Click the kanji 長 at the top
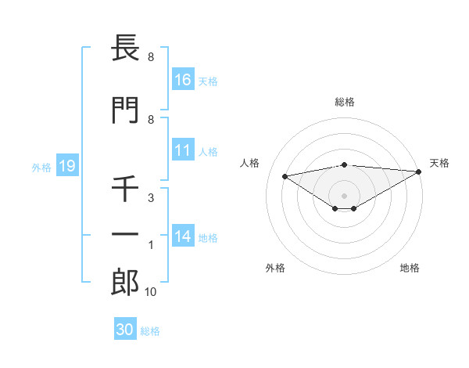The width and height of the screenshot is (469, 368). point(125,50)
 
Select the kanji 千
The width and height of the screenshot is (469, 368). point(125,188)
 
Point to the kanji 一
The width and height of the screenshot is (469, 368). point(125,235)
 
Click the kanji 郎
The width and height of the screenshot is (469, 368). point(125,283)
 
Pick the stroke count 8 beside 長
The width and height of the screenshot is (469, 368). point(150,58)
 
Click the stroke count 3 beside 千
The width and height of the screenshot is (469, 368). point(150,198)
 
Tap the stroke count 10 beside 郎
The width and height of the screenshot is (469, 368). point(151,292)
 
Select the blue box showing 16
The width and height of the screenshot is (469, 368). point(182,80)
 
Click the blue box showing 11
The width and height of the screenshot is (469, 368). point(182,150)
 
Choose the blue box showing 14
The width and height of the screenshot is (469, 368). point(182,237)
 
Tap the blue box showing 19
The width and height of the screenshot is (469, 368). point(66,166)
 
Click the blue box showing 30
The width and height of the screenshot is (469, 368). point(124,330)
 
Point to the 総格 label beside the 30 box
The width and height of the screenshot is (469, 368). point(150,331)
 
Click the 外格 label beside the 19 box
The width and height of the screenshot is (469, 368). point(41,167)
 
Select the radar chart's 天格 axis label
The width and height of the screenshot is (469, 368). point(439,163)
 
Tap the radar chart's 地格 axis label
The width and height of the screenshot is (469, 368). point(410,268)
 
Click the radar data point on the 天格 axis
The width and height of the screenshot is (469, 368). point(420,171)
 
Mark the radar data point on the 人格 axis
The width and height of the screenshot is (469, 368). point(285,175)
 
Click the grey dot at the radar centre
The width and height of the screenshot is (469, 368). point(345,195)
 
